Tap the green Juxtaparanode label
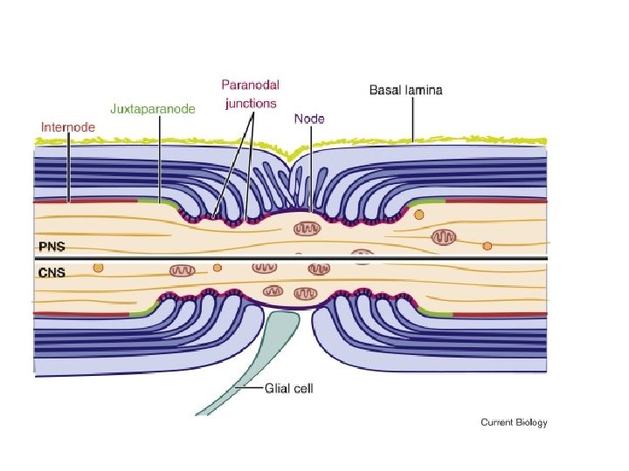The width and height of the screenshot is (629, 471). click(153, 109)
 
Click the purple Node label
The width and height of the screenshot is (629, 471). click(309, 118)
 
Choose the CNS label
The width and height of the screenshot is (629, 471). click(51, 272)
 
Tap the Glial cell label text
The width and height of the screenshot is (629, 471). click(288, 389)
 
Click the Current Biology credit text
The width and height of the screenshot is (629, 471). click(514, 423)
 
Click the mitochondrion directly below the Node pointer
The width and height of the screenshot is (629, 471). click(307, 229)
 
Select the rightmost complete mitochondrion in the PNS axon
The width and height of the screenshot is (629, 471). click(445, 235)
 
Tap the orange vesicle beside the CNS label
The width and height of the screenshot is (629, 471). click(98, 269)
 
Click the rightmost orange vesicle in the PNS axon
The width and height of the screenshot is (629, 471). click(487, 246)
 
